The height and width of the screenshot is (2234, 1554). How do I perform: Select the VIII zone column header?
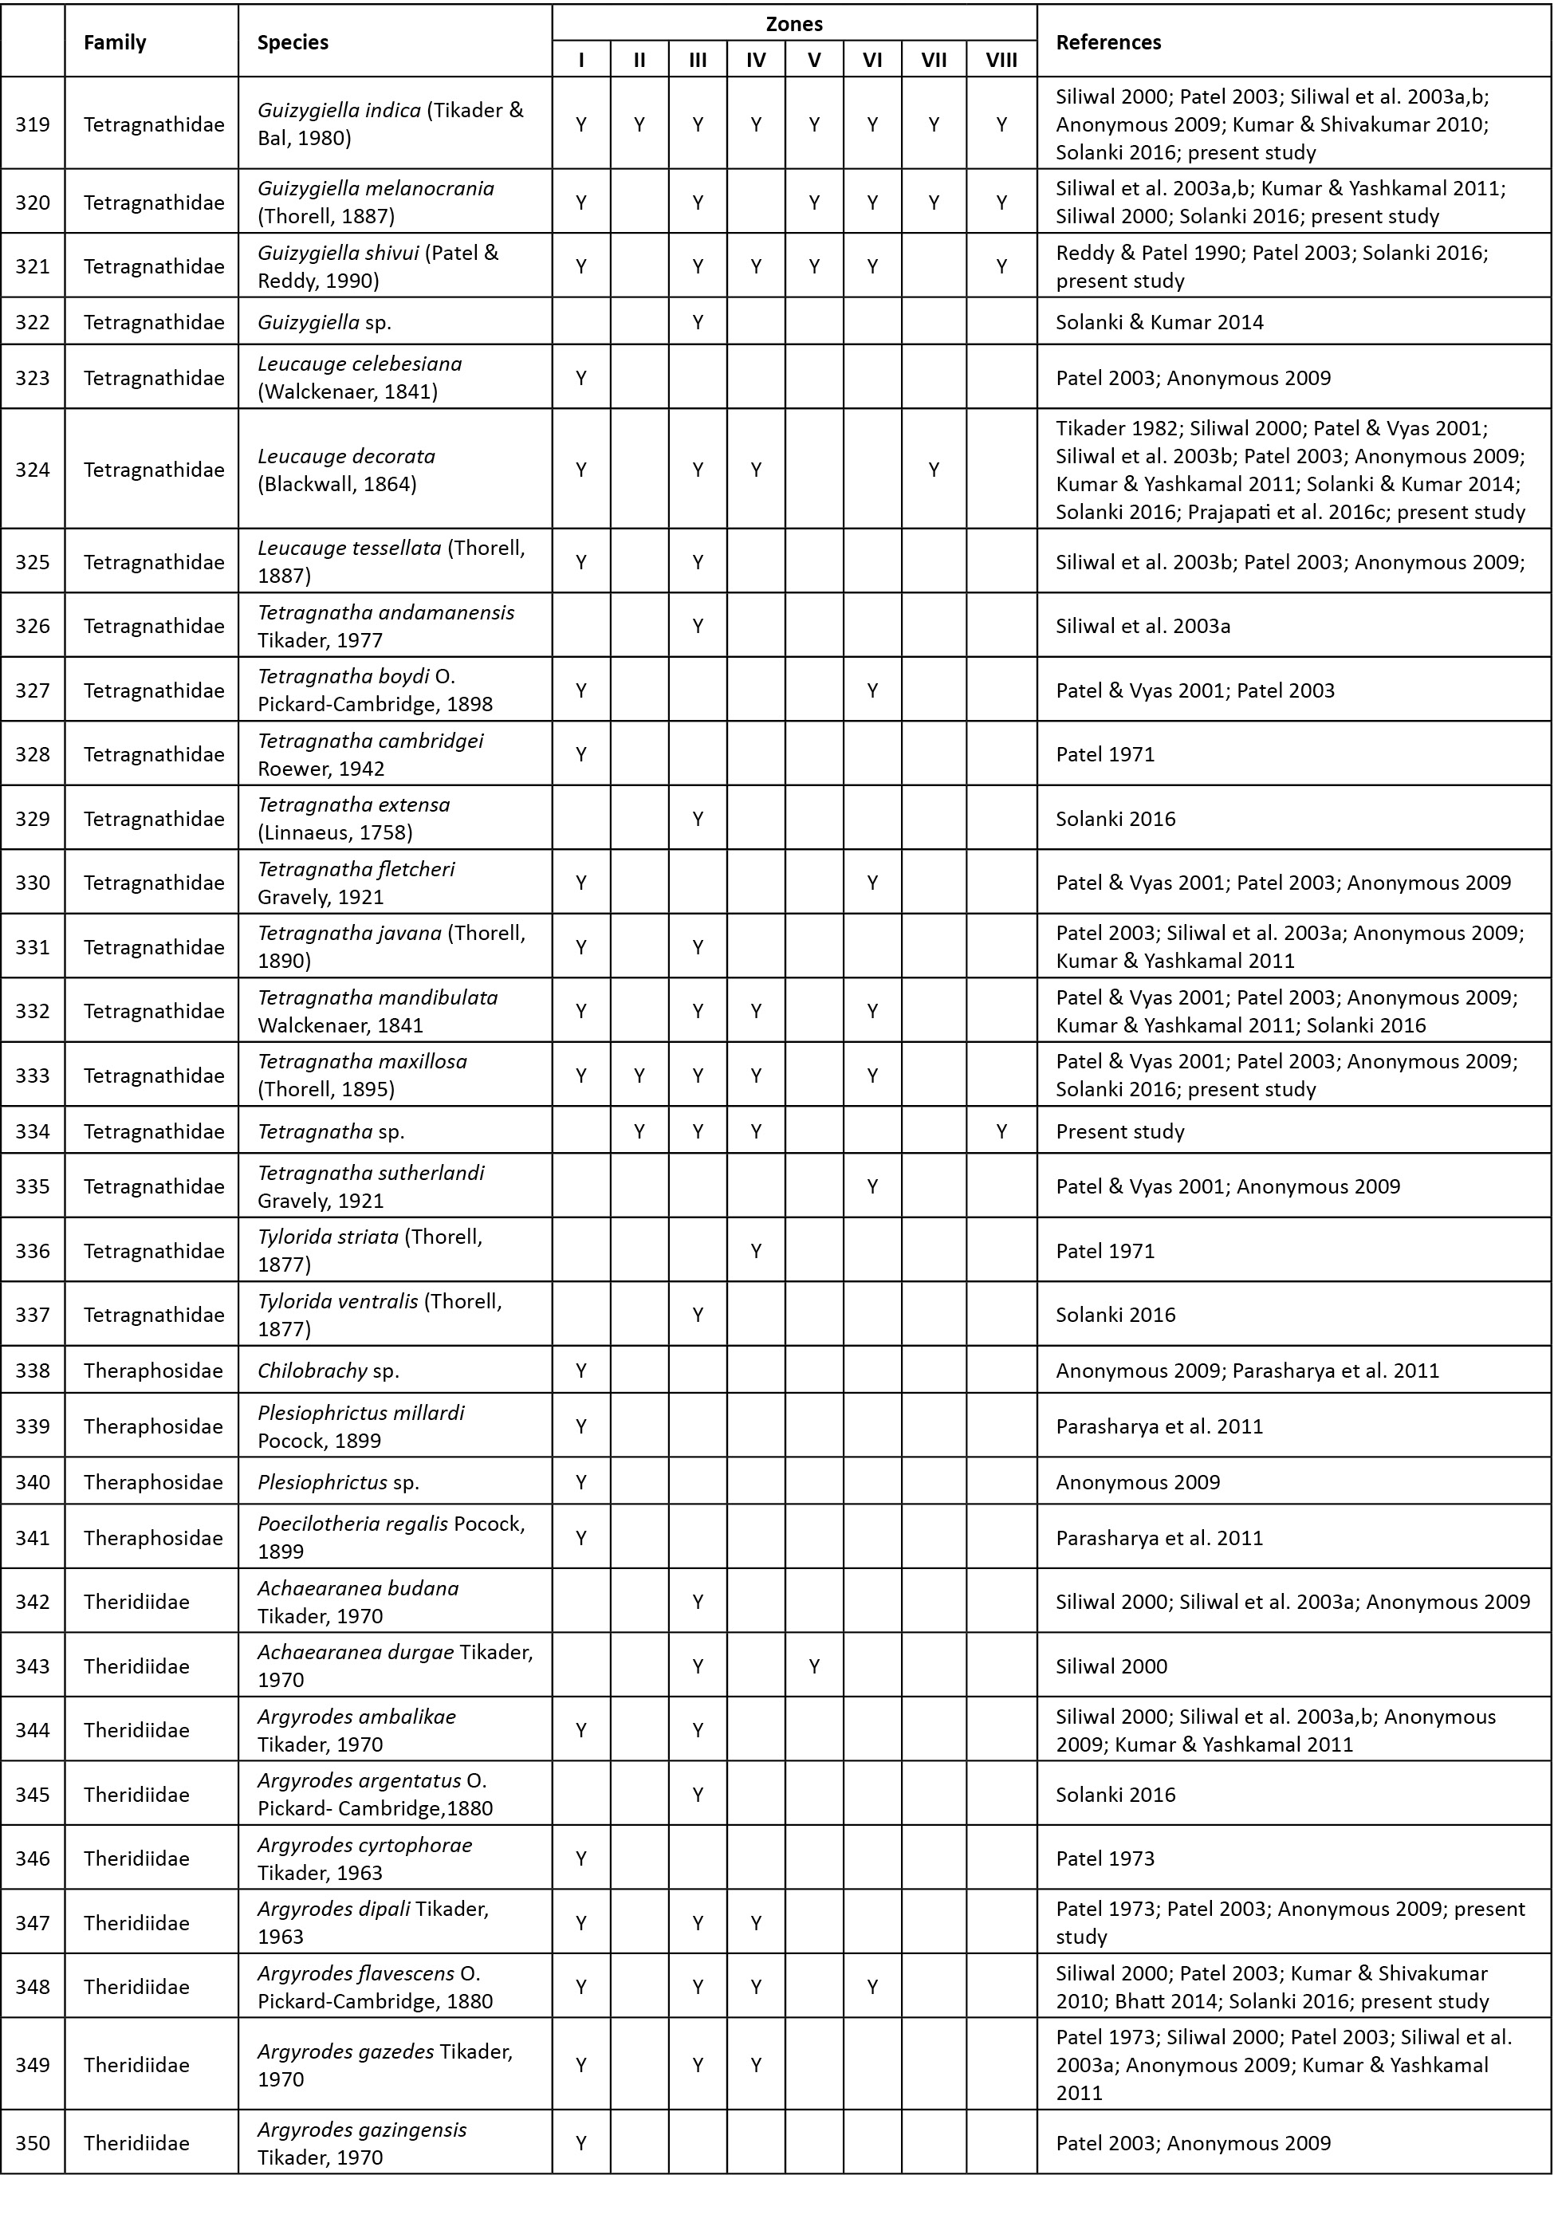(x=1001, y=61)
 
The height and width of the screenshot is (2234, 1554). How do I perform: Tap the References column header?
(x=1108, y=41)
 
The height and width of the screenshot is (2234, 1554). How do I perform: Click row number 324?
(x=32, y=469)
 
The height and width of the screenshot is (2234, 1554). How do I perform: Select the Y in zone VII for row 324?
(x=933, y=469)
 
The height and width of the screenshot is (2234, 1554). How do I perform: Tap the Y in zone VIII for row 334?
(x=1001, y=1131)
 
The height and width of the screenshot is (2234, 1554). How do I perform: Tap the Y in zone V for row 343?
(x=813, y=1666)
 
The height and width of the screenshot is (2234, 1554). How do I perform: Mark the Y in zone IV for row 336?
(x=755, y=1250)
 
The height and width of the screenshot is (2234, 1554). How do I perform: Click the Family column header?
(x=115, y=41)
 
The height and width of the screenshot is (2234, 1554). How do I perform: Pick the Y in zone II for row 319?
(x=639, y=124)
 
